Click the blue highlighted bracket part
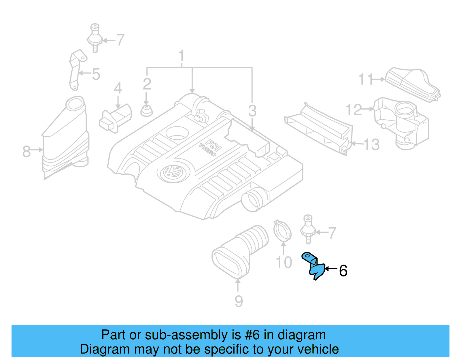(315, 268)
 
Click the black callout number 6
(343, 271)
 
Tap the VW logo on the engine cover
(172, 172)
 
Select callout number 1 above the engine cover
(181, 56)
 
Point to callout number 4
(118, 88)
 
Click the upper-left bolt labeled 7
(95, 37)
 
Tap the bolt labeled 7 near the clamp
(308, 229)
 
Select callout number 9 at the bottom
(239, 301)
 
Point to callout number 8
(26, 151)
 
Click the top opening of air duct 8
(75, 104)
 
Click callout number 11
(365, 79)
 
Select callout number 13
(371, 144)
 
